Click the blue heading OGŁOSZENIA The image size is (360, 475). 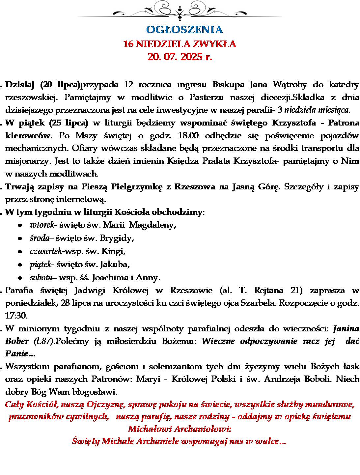click(184, 30)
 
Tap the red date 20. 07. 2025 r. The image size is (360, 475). click(180, 57)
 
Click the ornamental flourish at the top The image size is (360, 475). click(180, 10)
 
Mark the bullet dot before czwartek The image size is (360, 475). click(20, 252)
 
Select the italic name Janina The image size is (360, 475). click(346, 328)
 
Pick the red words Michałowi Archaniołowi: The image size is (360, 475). click(180, 429)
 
